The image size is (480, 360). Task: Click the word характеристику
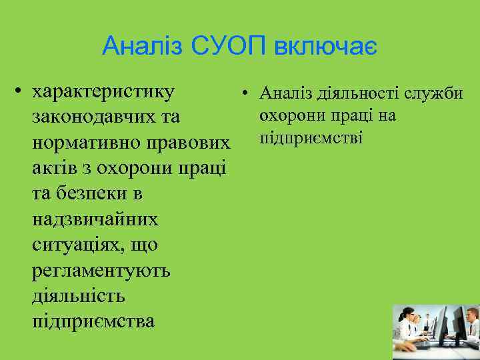(x=104, y=91)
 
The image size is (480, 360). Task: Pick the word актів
(x=56, y=169)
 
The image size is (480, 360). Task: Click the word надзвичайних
(x=95, y=219)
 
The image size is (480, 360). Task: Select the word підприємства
(x=93, y=321)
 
